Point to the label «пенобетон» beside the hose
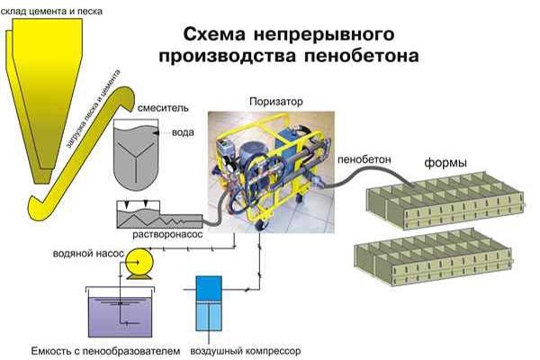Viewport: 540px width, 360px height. pyautogui.click(x=363, y=158)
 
